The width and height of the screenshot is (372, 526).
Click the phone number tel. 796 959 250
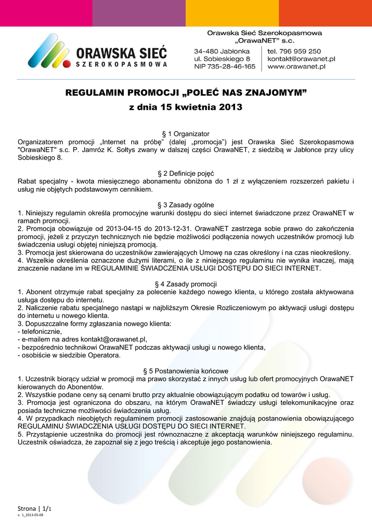tap(294, 51)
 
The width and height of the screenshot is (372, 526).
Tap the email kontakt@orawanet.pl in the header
tap(301, 59)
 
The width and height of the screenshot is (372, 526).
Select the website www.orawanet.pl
tap(297, 67)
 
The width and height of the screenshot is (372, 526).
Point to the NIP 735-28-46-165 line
tap(224, 67)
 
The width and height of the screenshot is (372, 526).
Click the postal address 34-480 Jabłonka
tap(222, 51)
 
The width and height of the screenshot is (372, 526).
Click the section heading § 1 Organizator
tap(185, 134)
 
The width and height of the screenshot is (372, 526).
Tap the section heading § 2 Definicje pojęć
tap(185, 173)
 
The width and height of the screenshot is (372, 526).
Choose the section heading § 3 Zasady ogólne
tap(185, 205)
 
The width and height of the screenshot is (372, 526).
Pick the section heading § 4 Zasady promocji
tap(185, 284)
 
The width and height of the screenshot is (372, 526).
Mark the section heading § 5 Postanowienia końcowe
tap(185, 370)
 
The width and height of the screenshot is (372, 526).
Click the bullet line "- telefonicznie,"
tap(40, 331)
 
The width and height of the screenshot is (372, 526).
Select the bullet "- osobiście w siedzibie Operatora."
tap(69, 355)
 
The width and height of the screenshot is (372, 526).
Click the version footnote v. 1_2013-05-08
tap(30, 514)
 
